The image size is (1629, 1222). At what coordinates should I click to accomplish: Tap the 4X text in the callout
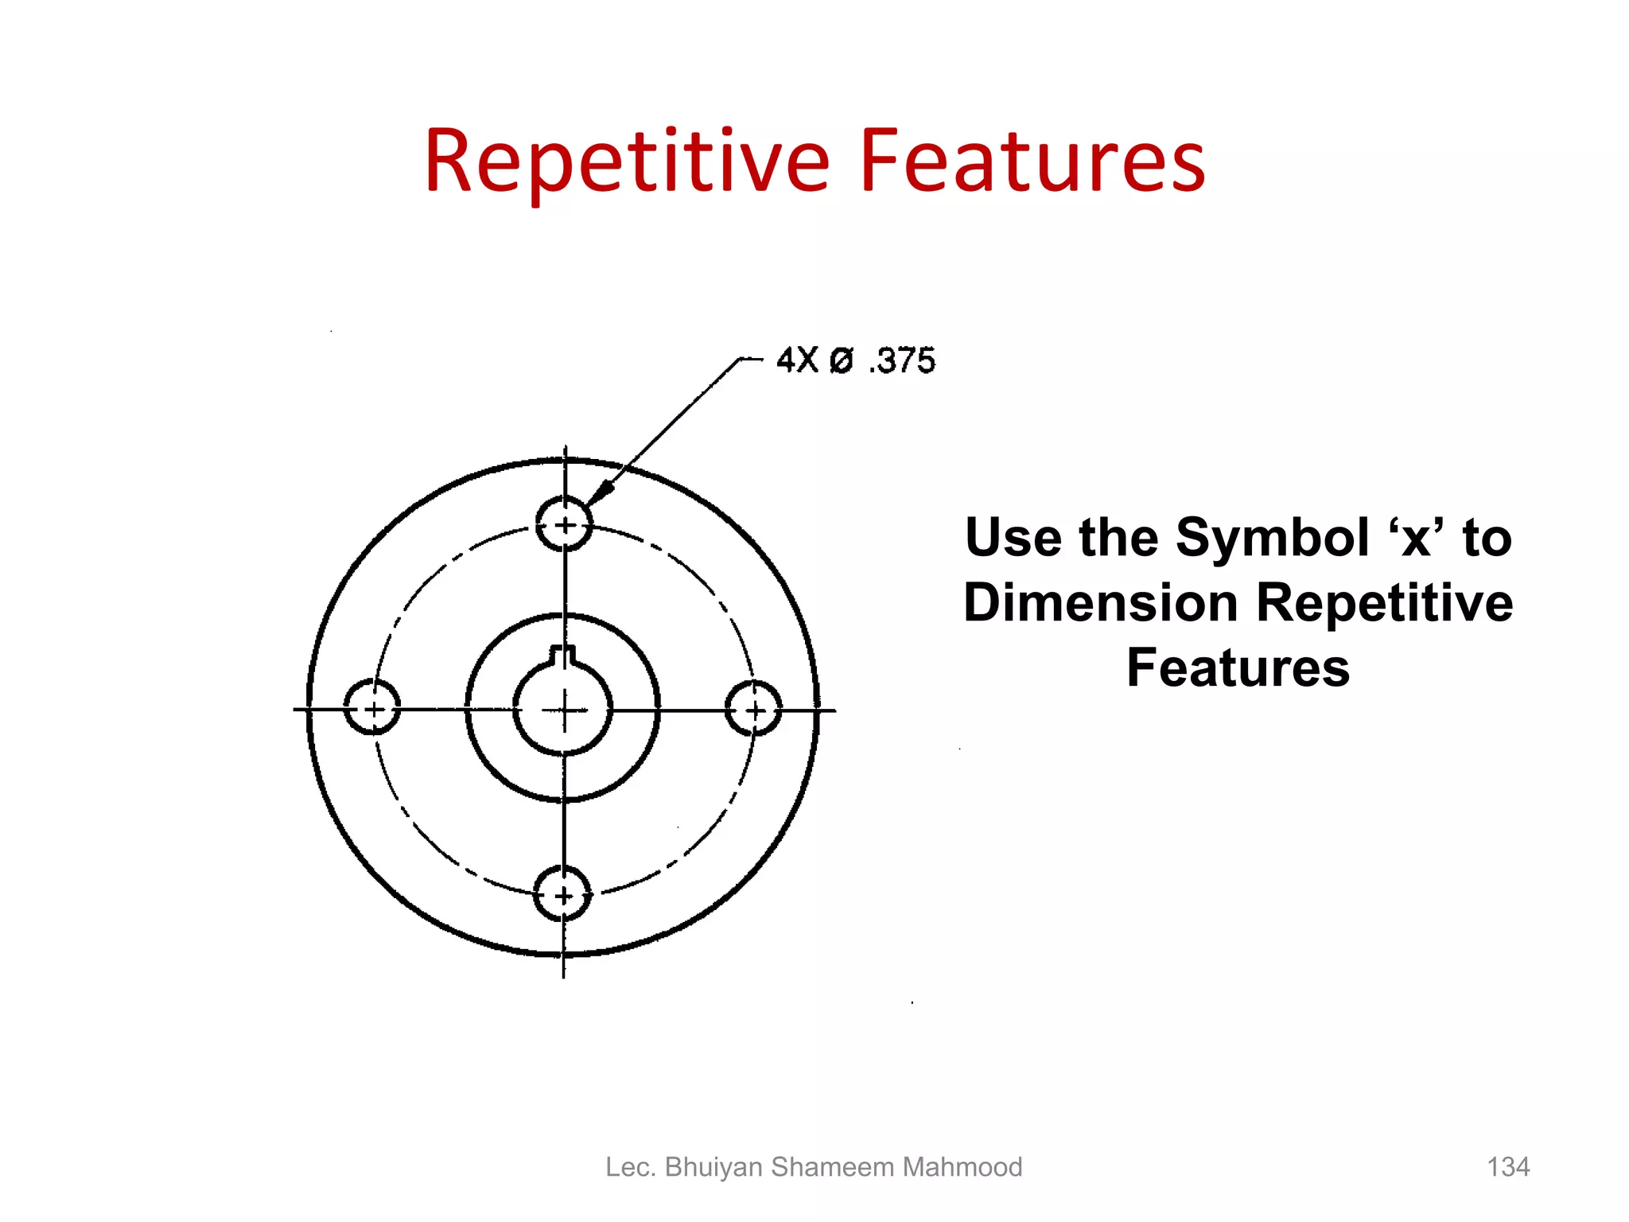click(x=797, y=360)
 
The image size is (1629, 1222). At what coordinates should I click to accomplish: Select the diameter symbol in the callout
click(x=841, y=361)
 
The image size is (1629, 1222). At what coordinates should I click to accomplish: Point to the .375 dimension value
click(x=903, y=361)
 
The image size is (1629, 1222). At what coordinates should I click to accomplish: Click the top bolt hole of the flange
click(x=564, y=524)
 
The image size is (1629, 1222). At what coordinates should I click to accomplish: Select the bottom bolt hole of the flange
click(x=562, y=895)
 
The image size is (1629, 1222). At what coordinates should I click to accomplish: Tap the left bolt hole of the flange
click(x=372, y=707)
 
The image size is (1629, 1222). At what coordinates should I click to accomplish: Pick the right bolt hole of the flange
click(x=754, y=709)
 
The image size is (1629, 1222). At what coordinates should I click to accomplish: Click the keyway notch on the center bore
click(x=563, y=656)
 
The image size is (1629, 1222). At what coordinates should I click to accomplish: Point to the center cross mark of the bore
click(x=564, y=710)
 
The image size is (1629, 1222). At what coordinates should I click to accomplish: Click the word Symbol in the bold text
click(x=1273, y=539)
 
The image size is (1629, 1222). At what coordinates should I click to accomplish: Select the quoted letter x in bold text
click(x=1417, y=539)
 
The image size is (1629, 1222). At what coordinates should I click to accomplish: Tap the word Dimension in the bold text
click(x=1101, y=603)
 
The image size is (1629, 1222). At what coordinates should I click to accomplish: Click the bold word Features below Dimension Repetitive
click(x=1238, y=668)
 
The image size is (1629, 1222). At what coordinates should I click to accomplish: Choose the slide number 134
click(x=1508, y=1167)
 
